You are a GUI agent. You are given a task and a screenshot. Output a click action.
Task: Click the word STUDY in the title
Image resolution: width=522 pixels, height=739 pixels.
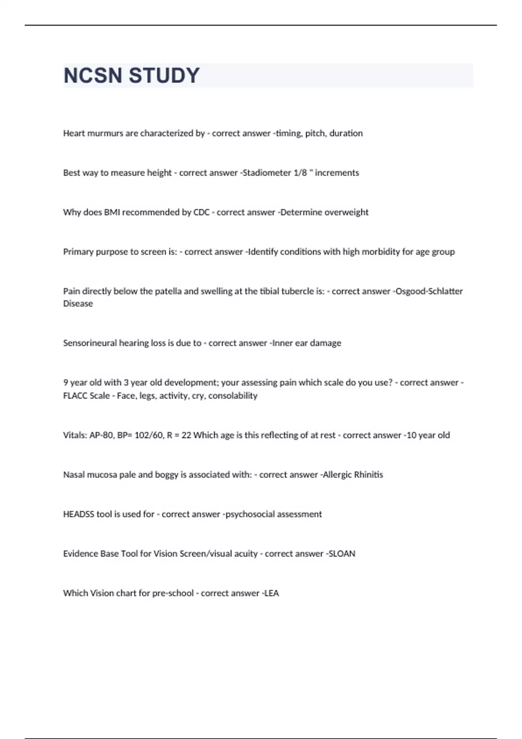pos(164,76)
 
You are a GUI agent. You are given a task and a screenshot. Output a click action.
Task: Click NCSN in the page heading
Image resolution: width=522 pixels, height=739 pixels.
pos(93,76)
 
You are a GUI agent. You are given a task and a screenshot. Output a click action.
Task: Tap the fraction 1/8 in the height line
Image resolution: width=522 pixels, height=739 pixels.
pos(300,173)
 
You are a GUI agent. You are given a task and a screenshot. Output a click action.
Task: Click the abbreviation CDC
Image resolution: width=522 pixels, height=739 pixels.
pos(201,212)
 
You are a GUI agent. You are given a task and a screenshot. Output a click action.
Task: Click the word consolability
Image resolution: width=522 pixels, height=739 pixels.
pos(233,396)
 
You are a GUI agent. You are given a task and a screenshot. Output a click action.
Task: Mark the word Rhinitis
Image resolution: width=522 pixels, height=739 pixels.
pos(368,475)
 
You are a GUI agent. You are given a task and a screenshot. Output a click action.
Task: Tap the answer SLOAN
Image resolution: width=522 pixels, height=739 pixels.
pos(342,554)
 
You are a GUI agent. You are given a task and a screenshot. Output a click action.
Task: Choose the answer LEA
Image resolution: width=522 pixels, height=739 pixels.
pos(271,593)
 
